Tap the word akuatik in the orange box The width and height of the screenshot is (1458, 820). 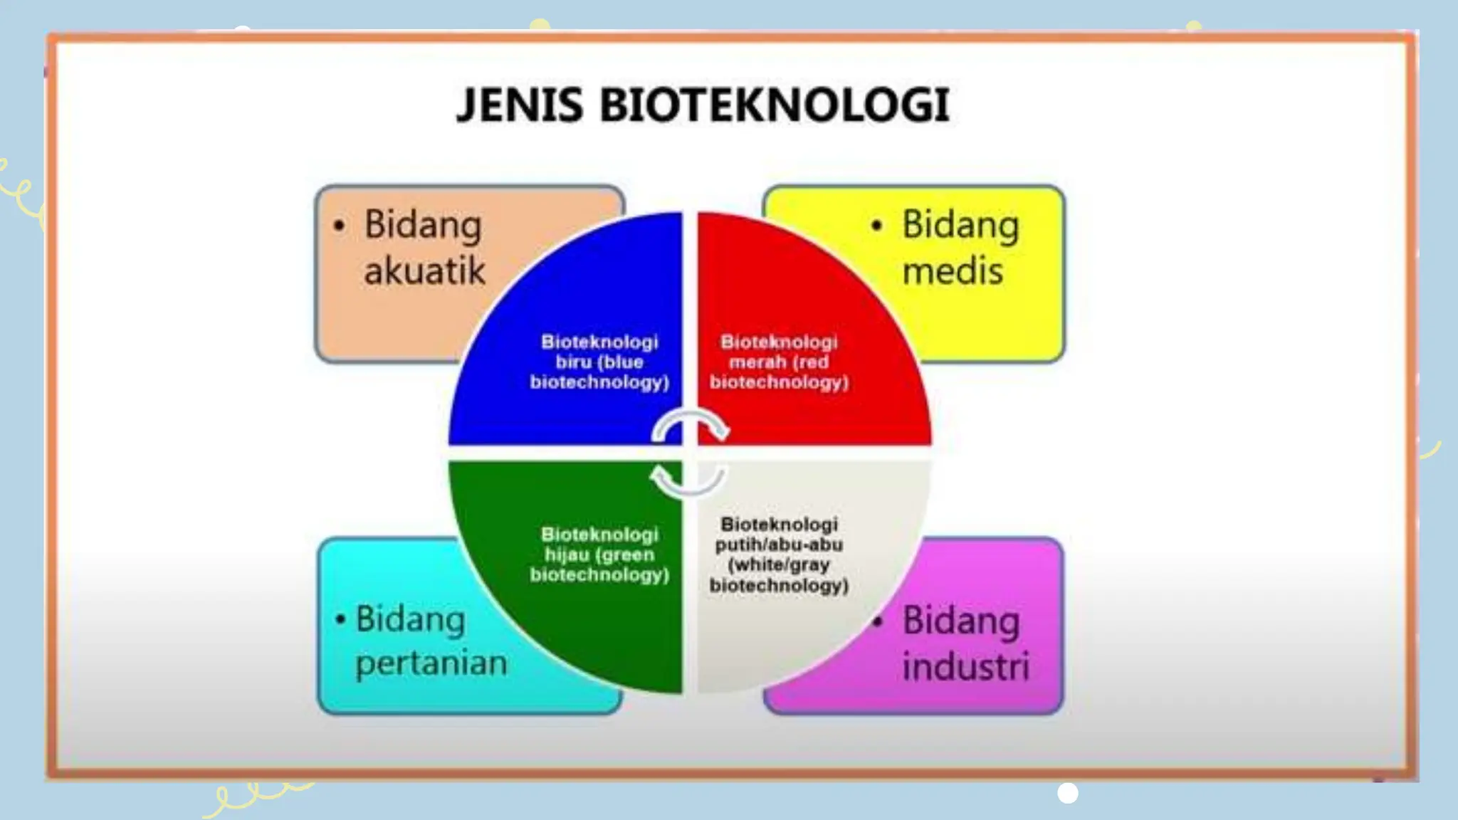[424, 271]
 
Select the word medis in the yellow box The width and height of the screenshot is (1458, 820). [953, 271]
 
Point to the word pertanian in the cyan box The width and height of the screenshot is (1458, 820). [431, 663]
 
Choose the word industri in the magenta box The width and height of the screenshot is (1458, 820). [965, 666]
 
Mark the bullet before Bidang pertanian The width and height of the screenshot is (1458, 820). [340, 619]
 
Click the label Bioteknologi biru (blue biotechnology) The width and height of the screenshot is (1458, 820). [599, 362]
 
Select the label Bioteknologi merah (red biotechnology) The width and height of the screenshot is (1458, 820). [779, 362]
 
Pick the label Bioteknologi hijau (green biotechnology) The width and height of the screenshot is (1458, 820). [599, 554]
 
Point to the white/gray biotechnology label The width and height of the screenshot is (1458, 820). [779, 554]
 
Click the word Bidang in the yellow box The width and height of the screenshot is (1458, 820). [960, 226]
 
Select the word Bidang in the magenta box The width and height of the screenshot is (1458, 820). [960, 621]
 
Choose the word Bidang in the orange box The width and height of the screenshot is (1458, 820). [423, 226]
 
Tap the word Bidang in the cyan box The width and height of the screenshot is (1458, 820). [410, 619]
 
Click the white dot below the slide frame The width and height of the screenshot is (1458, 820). [1067, 792]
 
